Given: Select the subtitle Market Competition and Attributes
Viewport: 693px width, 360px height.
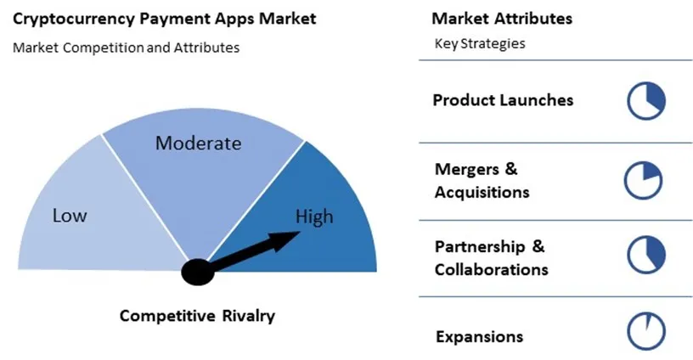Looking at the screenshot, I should [x=126, y=48].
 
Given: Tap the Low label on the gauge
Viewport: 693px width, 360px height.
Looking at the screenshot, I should [x=70, y=216].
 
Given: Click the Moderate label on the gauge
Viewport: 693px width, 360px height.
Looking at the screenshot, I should [x=198, y=143].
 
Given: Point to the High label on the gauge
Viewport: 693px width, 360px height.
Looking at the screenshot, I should [x=313, y=217].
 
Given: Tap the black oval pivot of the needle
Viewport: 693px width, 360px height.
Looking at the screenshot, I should [x=198, y=273].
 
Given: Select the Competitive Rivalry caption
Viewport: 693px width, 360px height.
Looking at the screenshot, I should [x=197, y=316].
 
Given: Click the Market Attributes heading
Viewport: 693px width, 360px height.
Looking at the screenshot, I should [x=490, y=19].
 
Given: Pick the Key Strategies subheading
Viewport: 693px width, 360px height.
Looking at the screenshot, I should [x=479, y=44].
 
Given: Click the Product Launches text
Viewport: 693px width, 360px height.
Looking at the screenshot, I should [x=503, y=100].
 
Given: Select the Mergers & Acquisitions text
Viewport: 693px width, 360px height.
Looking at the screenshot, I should [x=482, y=180].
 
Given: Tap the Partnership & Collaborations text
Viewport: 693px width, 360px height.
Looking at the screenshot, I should [x=491, y=258].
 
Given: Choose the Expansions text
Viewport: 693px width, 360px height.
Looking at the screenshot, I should [x=479, y=336].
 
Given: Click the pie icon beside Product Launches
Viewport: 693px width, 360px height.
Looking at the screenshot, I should [x=645, y=101].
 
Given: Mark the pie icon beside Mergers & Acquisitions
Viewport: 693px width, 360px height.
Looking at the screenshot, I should [x=643, y=180].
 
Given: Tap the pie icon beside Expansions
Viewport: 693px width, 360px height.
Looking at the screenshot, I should [x=645, y=332].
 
